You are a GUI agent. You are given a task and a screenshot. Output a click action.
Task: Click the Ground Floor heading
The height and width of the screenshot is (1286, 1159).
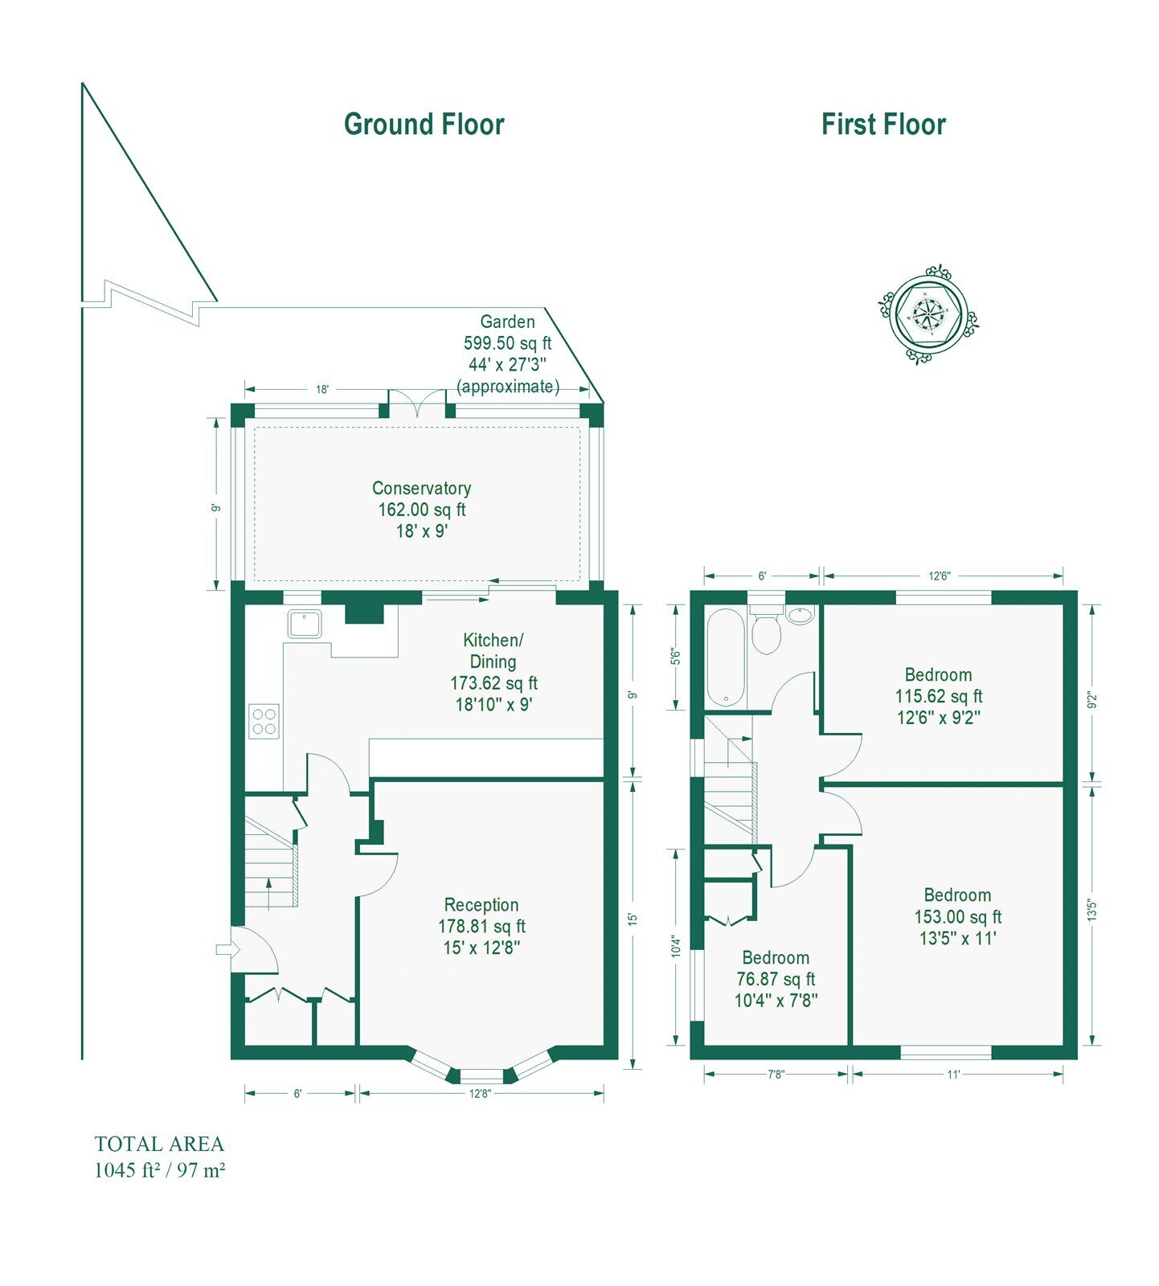pos(424,125)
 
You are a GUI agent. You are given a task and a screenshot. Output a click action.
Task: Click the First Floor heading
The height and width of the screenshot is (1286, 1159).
pos(883,125)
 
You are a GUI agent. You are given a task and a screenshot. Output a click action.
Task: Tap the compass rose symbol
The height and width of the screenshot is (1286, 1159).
pos(929,313)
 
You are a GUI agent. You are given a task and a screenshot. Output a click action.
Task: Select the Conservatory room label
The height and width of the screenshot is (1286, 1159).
pos(421,488)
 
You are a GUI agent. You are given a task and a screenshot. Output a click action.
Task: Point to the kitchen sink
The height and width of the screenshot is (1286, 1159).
pos(303,625)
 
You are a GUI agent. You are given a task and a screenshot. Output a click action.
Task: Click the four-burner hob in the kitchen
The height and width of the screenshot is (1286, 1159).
pos(264,720)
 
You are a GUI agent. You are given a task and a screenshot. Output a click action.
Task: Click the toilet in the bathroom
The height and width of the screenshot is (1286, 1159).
pos(766,630)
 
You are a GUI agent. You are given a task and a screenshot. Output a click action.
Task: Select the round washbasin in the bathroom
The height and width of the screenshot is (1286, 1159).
pos(800,615)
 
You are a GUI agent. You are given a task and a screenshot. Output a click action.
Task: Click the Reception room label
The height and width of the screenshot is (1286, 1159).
pos(481,905)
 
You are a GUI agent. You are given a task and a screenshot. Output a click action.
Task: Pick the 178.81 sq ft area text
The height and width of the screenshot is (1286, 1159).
pos(481,927)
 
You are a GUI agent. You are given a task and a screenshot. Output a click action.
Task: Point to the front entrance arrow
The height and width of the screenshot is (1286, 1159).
pos(228,949)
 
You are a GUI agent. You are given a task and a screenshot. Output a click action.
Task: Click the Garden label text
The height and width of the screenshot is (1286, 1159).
pos(507,321)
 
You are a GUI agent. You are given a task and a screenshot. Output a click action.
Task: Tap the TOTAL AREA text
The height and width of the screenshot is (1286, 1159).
pos(159,1144)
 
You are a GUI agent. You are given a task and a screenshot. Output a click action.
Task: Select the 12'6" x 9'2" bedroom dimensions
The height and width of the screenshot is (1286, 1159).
pos(938,718)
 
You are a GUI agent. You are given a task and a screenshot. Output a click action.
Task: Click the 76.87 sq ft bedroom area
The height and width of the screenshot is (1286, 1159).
pos(776,979)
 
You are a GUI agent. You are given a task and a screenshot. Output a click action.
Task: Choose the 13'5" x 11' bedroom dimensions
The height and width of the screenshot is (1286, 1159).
pos(957,938)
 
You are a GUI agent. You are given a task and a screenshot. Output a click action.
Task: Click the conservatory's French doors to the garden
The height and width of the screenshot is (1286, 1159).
pos(417,403)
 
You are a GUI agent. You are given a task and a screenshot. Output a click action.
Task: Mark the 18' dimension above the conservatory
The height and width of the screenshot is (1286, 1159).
pos(321,390)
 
